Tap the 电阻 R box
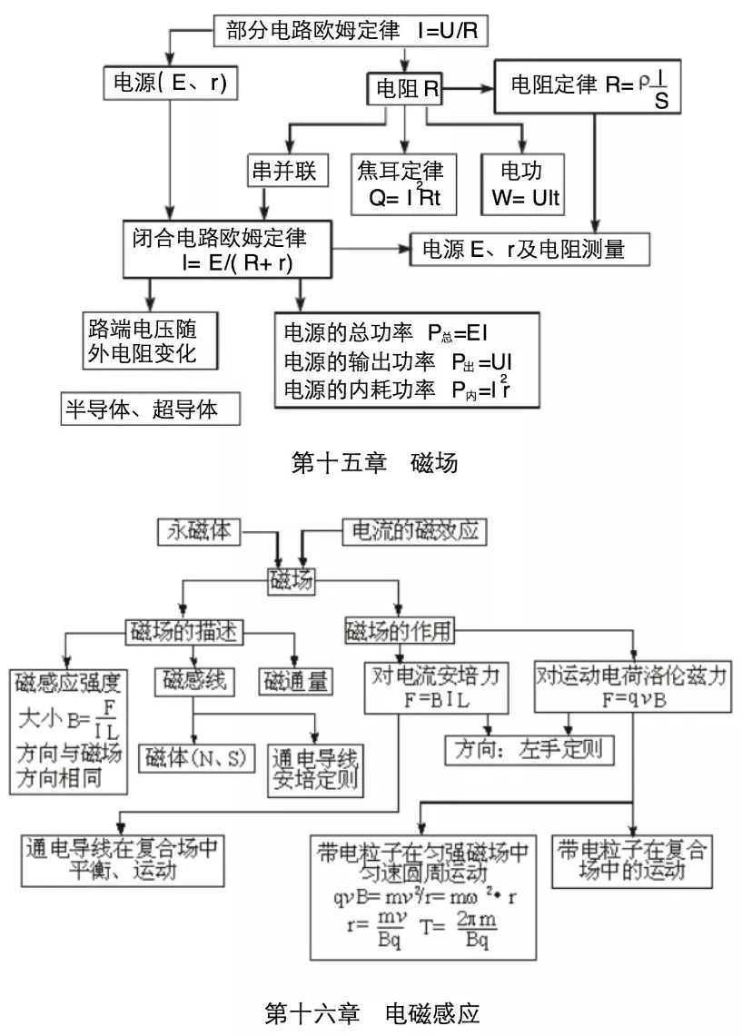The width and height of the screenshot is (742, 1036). pyautogui.click(x=407, y=88)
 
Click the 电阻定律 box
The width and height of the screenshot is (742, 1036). pyautogui.click(x=588, y=87)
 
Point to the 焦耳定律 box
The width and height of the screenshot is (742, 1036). pyautogui.click(x=405, y=183)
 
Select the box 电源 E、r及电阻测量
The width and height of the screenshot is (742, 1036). pyautogui.click(x=530, y=249)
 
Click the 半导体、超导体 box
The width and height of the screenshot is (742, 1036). pyautogui.click(x=150, y=409)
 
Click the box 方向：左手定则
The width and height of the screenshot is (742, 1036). pyautogui.click(x=529, y=750)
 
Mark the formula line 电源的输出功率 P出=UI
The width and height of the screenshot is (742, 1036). pyautogui.click(x=400, y=361)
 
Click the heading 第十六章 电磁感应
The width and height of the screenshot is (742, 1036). pyautogui.click(x=371, y=1012)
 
